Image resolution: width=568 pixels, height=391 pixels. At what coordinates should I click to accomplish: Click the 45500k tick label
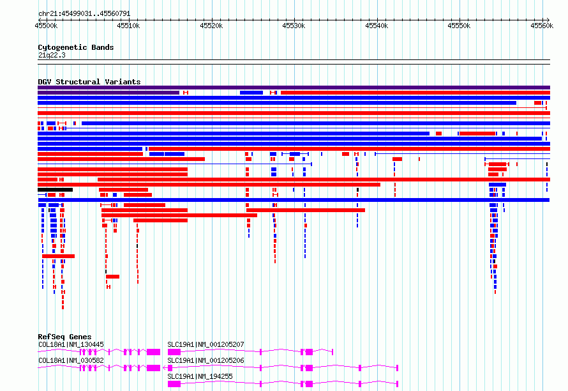pyautogui.click(x=46, y=26)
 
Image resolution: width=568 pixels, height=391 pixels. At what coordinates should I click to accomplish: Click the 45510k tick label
pyautogui.click(x=128, y=26)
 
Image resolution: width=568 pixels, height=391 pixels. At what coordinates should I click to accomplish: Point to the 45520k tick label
pyautogui.click(x=211, y=26)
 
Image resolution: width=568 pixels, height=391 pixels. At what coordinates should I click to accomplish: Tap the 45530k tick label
pyautogui.click(x=294, y=26)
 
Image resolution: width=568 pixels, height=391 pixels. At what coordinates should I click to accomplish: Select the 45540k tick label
pyautogui.click(x=377, y=26)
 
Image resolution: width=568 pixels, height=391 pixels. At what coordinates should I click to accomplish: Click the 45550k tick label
pyautogui.click(x=459, y=26)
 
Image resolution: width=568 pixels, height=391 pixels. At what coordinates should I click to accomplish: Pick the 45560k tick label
pyautogui.click(x=542, y=26)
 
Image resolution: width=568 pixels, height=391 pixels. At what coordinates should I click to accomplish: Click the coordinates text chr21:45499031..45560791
pyautogui.click(x=84, y=14)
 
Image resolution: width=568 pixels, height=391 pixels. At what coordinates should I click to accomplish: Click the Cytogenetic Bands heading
pyautogui.click(x=76, y=47)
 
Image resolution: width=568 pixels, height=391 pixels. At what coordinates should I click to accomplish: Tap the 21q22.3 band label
pyautogui.click(x=52, y=55)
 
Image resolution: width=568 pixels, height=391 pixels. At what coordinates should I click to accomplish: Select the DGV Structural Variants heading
pyautogui.click(x=89, y=82)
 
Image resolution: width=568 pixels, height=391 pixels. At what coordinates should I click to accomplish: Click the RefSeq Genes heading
pyautogui.click(x=64, y=337)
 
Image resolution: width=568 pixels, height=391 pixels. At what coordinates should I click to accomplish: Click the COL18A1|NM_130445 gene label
pyautogui.click(x=71, y=344)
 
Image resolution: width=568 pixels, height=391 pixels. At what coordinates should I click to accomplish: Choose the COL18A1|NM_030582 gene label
pyautogui.click(x=71, y=360)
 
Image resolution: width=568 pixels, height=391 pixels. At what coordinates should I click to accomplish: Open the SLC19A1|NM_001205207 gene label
pyautogui.click(x=206, y=344)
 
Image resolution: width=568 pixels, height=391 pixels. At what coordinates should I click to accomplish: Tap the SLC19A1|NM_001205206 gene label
pyautogui.click(x=206, y=360)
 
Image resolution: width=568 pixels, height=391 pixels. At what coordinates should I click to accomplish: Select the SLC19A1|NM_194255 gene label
pyautogui.click(x=200, y=376)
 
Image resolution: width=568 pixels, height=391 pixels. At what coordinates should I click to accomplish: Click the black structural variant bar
pyautogui.click(x=55, y=190)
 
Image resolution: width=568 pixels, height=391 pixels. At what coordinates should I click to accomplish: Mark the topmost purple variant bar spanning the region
pyautogui.click(x=294, y=88)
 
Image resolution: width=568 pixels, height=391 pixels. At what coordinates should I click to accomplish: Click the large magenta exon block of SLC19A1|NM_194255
pyautogui.click(x=174, y=384)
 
